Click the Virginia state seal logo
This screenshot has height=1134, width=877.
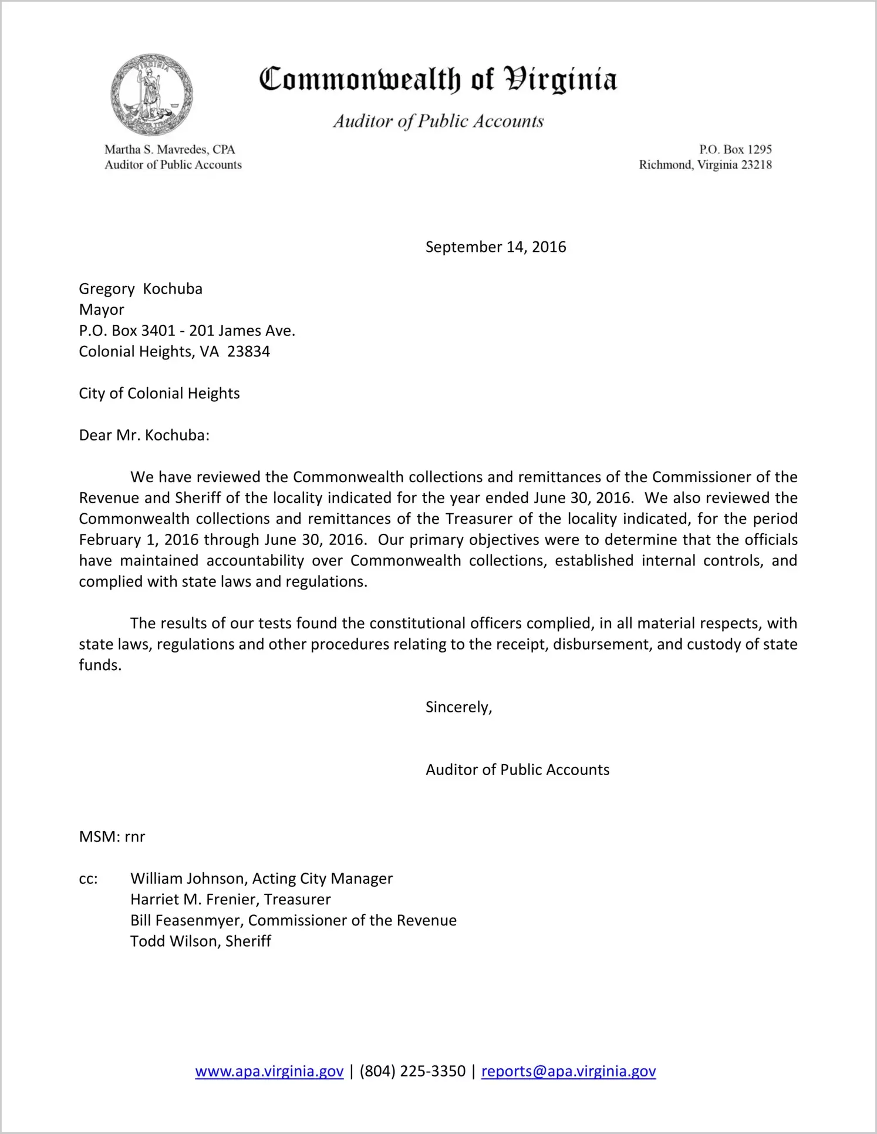pyautogui.click(x=151, y=95)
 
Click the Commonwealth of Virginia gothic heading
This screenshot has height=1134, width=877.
pyautogui.click(x=438, y=79)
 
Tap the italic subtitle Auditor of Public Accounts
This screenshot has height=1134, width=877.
pyautogui.click(x=438, y=121)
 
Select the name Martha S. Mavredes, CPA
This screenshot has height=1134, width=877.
pyautogui.click(x=170, y=150)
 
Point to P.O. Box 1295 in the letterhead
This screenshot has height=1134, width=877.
pyautogui.click(x=735, y=150)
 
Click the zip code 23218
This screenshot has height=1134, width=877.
pyautogui.click(x=756, y=165)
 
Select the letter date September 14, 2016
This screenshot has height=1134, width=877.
pyautogui.click(x=495, y=247)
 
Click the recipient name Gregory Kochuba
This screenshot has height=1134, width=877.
pyautogui.click(x=140, y=289)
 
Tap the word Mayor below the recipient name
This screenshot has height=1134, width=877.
pyautogui.click(x=102, y=309)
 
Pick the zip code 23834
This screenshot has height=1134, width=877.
pyautogui.click(x=248, y=352)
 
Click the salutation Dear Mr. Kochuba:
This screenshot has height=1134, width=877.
pyautogui.click(x=144, y=435)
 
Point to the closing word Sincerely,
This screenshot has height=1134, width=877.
pyautogui.click(x=458, y=707)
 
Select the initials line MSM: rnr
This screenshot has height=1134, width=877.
pyautogui.click(x=112, y=837)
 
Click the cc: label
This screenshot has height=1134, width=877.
pyautogui.click(x=88, y=879)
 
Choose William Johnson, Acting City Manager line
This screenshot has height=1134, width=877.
pyautogui.click(x=261, y=879)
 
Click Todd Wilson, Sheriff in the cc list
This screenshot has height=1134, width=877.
pyautogui.click(x=200, y=941)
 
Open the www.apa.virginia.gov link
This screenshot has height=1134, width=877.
pyautogui.click(x=269, y=1071)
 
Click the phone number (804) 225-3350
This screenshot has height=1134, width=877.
pyautogui.click(x=412, y=1071)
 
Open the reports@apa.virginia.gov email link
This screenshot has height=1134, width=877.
pyautogui.click(x=568, y=1071)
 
